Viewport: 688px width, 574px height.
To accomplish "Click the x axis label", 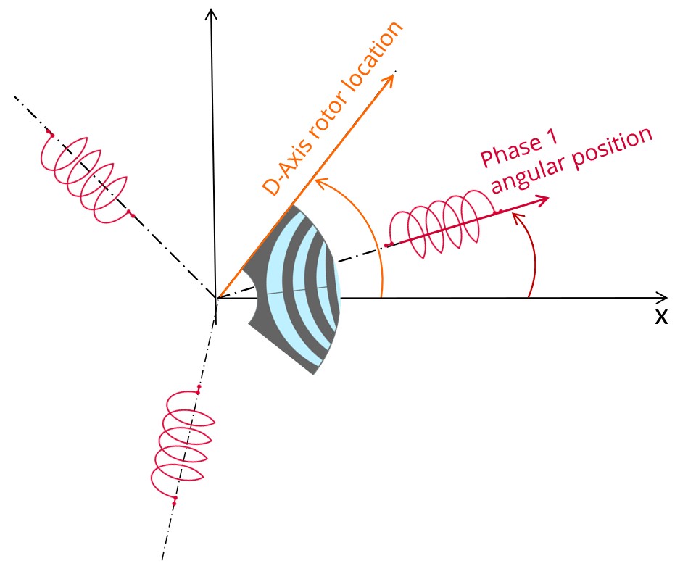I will (660, 317).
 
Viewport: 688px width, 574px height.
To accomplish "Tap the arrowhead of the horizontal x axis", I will (661, 297).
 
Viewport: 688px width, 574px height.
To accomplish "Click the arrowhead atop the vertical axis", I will (211, 13).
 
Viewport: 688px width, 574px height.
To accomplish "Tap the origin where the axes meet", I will (216, 298).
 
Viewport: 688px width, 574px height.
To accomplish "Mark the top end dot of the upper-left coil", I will (50, 134).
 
